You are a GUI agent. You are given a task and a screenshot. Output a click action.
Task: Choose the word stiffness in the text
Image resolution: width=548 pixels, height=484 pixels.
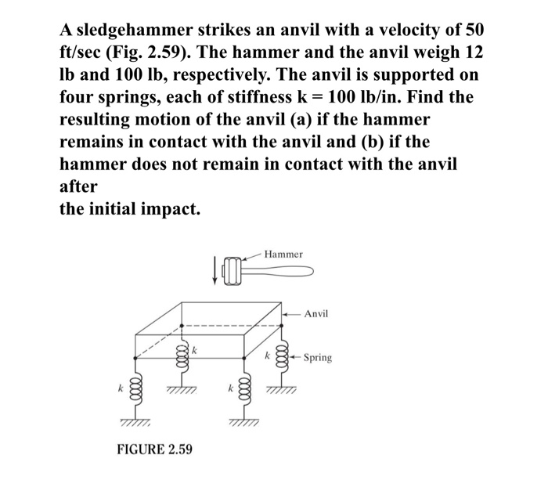(285, 99)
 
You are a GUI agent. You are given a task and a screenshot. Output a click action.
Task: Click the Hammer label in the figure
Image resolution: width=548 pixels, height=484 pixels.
(283, 255)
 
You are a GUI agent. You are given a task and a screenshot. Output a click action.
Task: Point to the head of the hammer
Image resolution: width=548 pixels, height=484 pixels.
(232, 273)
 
